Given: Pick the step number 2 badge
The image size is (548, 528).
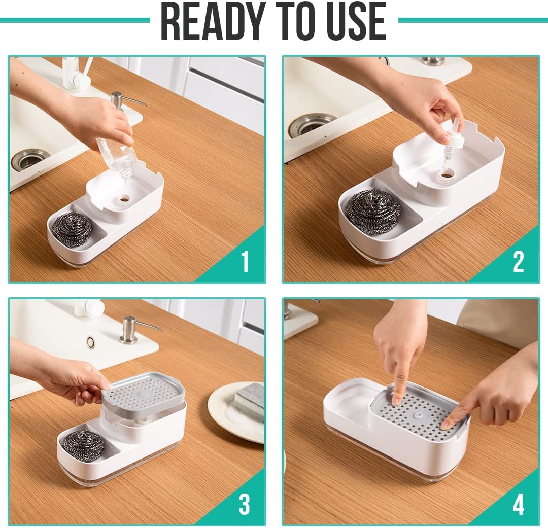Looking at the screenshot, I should [x=518, y=261].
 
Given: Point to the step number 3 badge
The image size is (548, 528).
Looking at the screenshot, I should [x=245, y=504].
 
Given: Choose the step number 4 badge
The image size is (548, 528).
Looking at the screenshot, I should [x=518, y=504].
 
